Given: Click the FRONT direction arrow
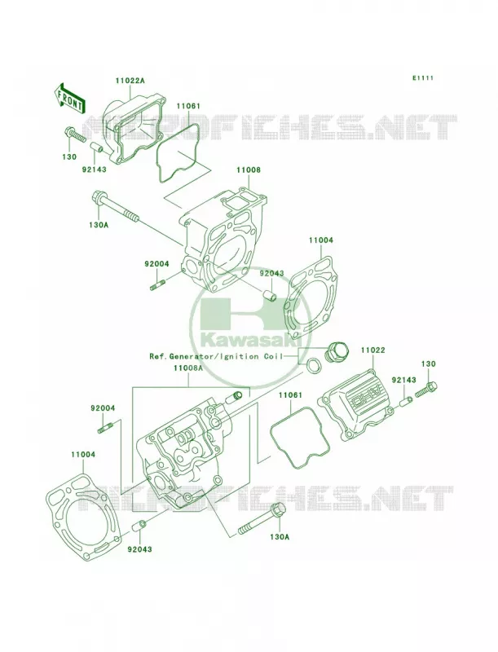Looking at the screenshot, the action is click(x=69, y=98).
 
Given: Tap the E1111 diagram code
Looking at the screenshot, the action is click(x=423, y=77).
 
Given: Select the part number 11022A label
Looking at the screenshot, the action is click(x=130, y=80).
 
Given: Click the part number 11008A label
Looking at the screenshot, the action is click(x=188, y=368).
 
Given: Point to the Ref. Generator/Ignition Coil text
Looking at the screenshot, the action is click(x=216, y=356).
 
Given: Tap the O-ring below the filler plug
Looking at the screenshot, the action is click(x=314, y=364).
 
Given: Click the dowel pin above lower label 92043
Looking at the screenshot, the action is click(x=138, y=526).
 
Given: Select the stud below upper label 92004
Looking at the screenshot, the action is click(x=157, y=286).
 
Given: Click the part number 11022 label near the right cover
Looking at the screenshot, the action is click(x=372, y=350).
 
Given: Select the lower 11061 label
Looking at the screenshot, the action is click(x=290, y=394).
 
